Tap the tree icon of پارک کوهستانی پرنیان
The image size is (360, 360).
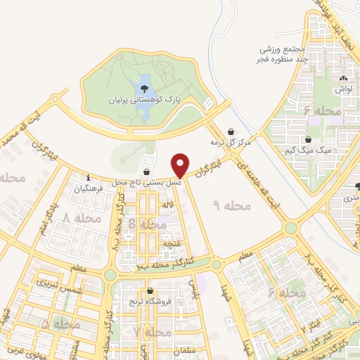[144, 89]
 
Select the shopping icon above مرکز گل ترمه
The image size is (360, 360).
[231, 131]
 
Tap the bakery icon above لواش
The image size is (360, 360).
[343, 79]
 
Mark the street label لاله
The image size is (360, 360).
[167, 205]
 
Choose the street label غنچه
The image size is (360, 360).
[169, 242]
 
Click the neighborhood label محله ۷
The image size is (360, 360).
[153, 330]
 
